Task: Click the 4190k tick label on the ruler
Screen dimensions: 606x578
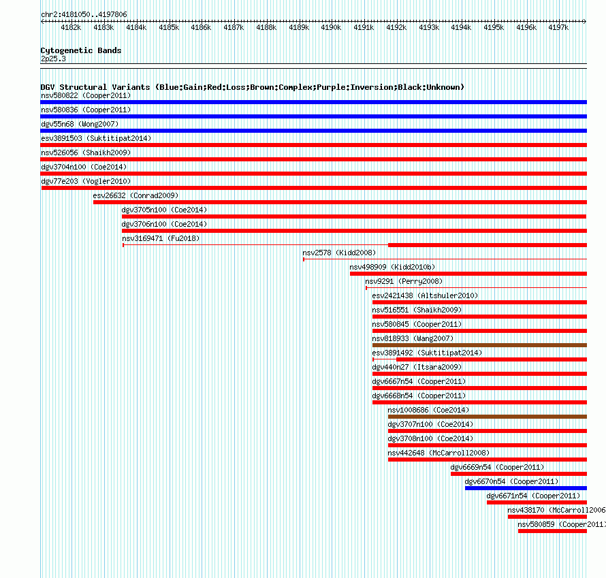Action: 331,27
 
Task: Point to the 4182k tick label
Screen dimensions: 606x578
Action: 71,27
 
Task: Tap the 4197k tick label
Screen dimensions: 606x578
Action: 558,27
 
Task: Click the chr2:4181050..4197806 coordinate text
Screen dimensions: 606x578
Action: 84,14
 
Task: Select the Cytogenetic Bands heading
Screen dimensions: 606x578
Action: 81,50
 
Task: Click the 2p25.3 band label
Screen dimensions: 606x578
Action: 53,59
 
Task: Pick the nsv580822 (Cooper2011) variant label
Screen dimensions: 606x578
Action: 86,95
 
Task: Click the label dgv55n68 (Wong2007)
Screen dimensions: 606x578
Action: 80,124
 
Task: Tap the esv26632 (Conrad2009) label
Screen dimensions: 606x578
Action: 135,195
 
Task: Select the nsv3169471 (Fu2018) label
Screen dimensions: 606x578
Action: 161,238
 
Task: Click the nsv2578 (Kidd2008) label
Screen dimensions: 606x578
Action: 339,253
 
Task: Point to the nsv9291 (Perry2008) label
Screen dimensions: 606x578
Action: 404,281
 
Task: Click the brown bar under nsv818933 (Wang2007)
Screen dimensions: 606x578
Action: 479,345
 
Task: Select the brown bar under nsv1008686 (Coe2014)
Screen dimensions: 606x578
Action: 488,417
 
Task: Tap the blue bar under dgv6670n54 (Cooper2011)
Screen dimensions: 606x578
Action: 526,488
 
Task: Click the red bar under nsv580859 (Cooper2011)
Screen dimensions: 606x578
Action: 552,531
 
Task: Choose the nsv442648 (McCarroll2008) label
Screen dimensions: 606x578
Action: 438,453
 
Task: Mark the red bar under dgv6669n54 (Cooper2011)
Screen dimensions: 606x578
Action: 519,474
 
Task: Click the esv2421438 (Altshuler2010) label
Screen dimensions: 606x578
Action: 425,295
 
